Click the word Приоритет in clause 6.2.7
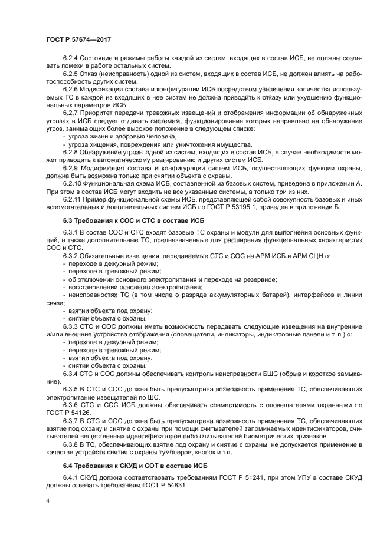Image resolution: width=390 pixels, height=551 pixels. (x=104, y=111)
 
